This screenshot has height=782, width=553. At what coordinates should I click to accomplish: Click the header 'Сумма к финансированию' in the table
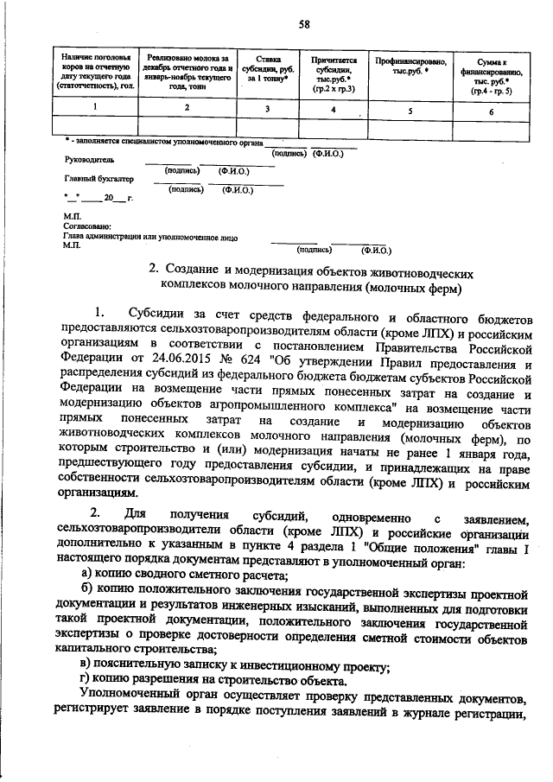tap(491, 74)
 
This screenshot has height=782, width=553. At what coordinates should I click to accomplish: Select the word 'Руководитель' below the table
tap(89, 160)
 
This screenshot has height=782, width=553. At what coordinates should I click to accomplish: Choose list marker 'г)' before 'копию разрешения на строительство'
tap(85, 680)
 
